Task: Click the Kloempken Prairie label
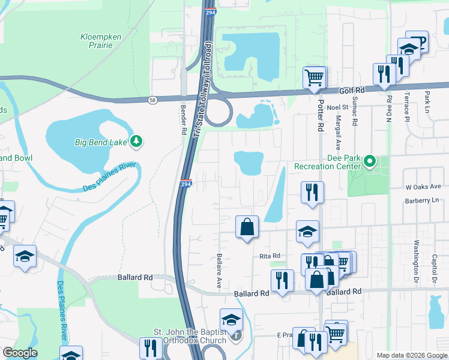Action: tap(101, 41)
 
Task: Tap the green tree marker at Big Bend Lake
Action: tap(137, 141)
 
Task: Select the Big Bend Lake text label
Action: tap(101, 142)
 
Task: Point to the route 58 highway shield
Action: tap(153, 99)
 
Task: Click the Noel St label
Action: tap(337, 107)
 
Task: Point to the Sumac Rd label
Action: tap(355, 111)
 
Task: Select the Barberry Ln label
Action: tap(423, 200)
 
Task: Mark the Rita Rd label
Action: tap(270, 256)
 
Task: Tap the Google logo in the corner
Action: tap(20, 353)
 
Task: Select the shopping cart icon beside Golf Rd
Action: tap(314, 77)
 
